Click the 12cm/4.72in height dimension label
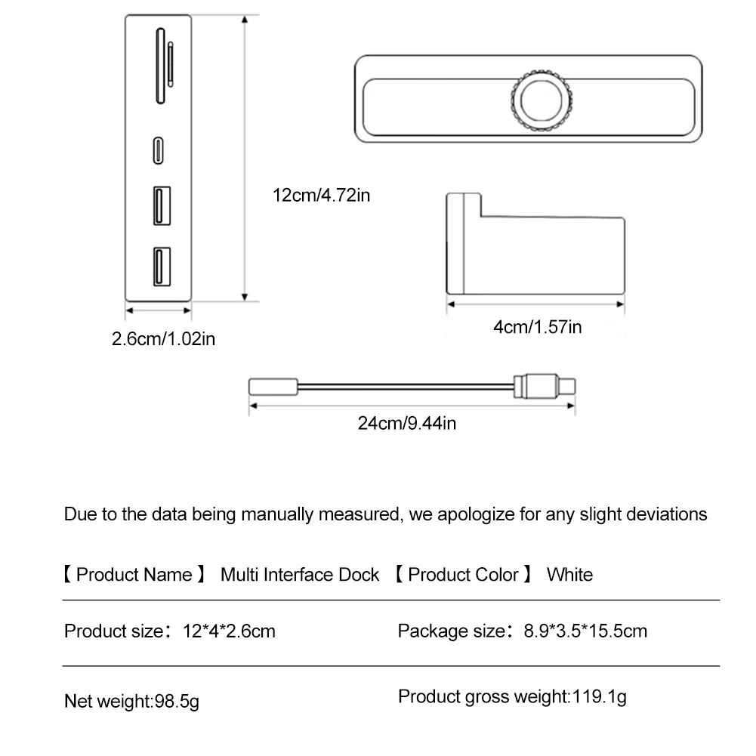point(321,196)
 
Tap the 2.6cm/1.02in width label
point(163,338)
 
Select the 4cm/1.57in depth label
point(537,327)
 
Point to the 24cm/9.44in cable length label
point(407,422)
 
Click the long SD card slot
point(160,65)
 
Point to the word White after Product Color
point(569,575)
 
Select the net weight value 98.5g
point(177,702)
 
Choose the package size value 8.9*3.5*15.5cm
point(585,631)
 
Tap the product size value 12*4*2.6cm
point(229,631)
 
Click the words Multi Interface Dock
point(300,575)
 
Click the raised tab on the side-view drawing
point(463,205)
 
